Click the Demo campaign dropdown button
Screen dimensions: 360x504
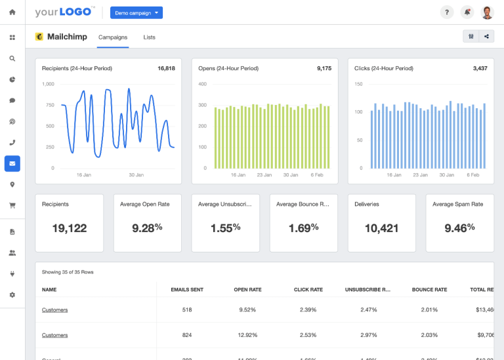pos(136,12)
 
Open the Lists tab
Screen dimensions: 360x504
pos(149,37)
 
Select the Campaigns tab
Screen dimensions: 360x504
pos(113,37)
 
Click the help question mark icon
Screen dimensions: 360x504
pos(446,12)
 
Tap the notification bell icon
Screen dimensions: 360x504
pos(467,12)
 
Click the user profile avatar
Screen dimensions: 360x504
pos(487,12)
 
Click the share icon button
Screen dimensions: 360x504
pos(487,37)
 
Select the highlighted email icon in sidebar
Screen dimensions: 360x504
pos(12,163)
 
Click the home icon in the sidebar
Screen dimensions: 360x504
pos(12,12)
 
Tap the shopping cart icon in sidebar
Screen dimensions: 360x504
pos(12,205)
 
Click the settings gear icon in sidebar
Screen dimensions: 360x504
pos(12,295)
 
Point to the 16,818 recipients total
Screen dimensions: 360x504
pos(166,68)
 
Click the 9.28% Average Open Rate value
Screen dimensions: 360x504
pos(147,228)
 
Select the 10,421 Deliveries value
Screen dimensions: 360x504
pos(381,228)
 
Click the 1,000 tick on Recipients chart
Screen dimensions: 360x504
pos(48,84)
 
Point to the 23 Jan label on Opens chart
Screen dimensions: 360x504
pos(264,175)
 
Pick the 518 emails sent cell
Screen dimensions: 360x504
pos(187,310)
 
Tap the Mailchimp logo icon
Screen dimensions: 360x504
pos(39,37)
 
